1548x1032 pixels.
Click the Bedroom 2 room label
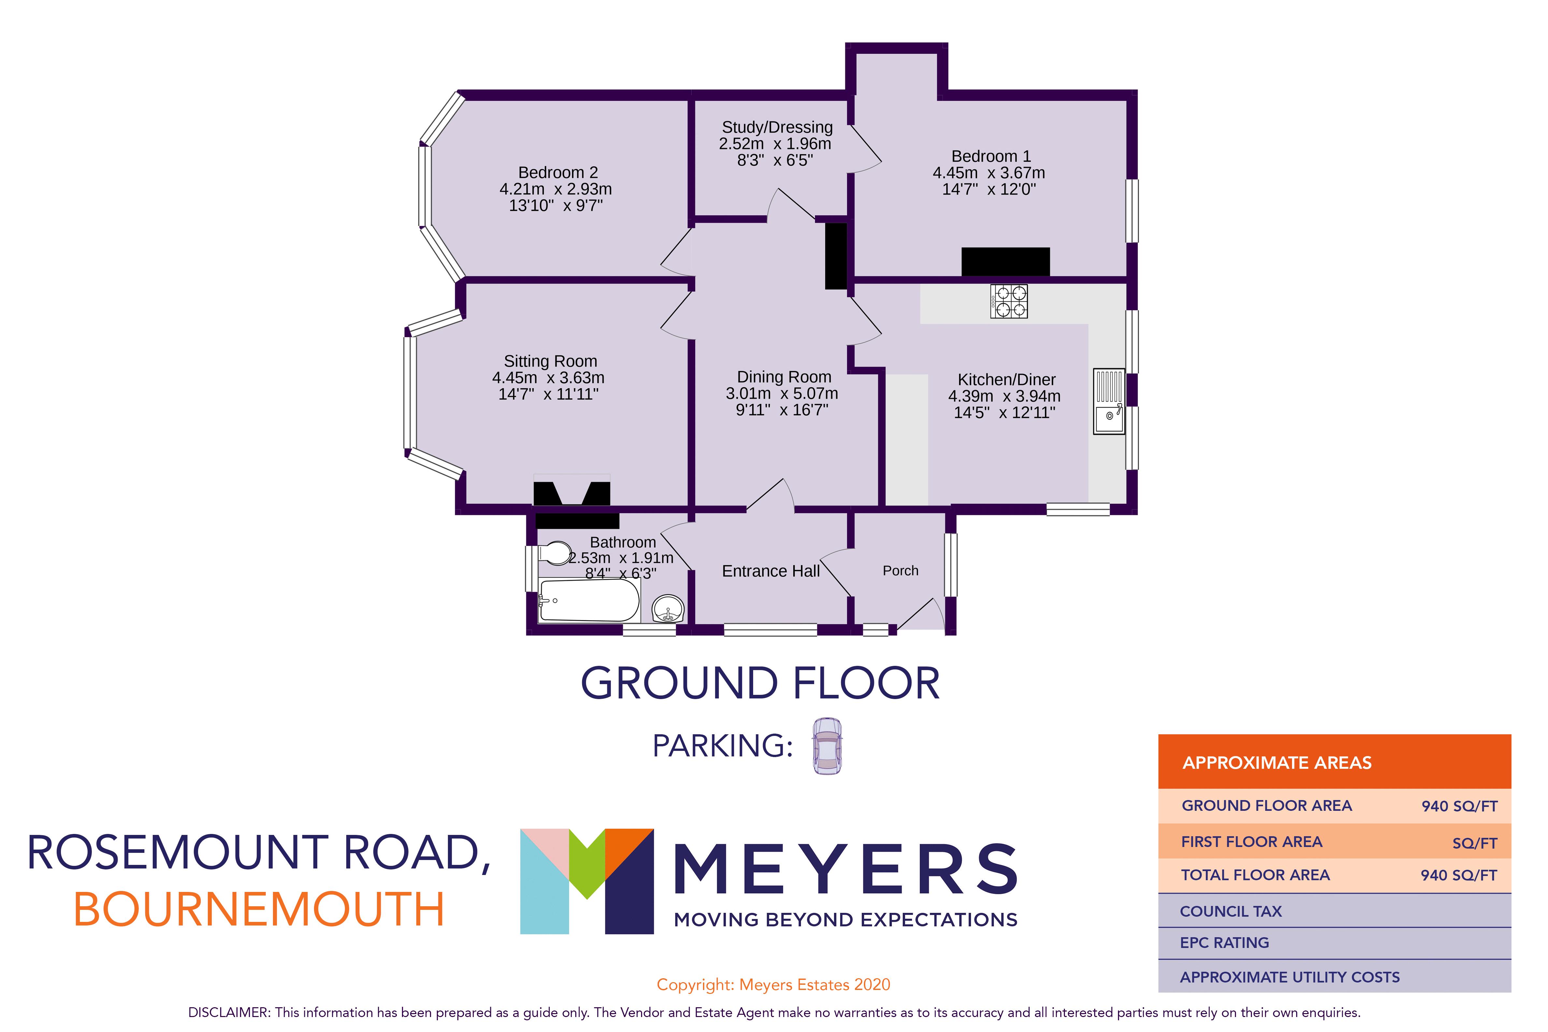[x=557, y=172]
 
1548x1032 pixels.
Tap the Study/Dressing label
[x=777, y=127]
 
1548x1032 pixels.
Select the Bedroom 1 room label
[x=991, y=157]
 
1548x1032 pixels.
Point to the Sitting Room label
[x=550, y=361]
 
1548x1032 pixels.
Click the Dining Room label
[x=783, y=377]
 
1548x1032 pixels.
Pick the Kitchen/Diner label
[x=1006, y=380]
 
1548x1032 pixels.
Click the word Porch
[x=900, y=571]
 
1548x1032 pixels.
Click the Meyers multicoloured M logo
[x=586, y=881]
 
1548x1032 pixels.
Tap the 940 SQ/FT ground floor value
[x=1458, y=806]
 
